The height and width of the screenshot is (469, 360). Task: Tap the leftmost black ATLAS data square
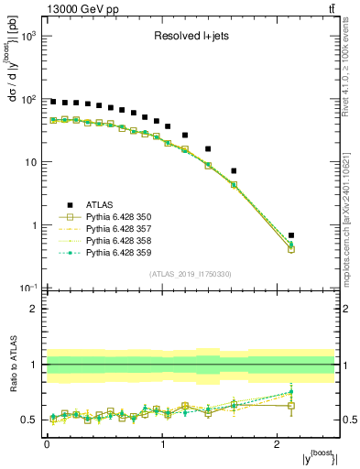click(53, 102)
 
